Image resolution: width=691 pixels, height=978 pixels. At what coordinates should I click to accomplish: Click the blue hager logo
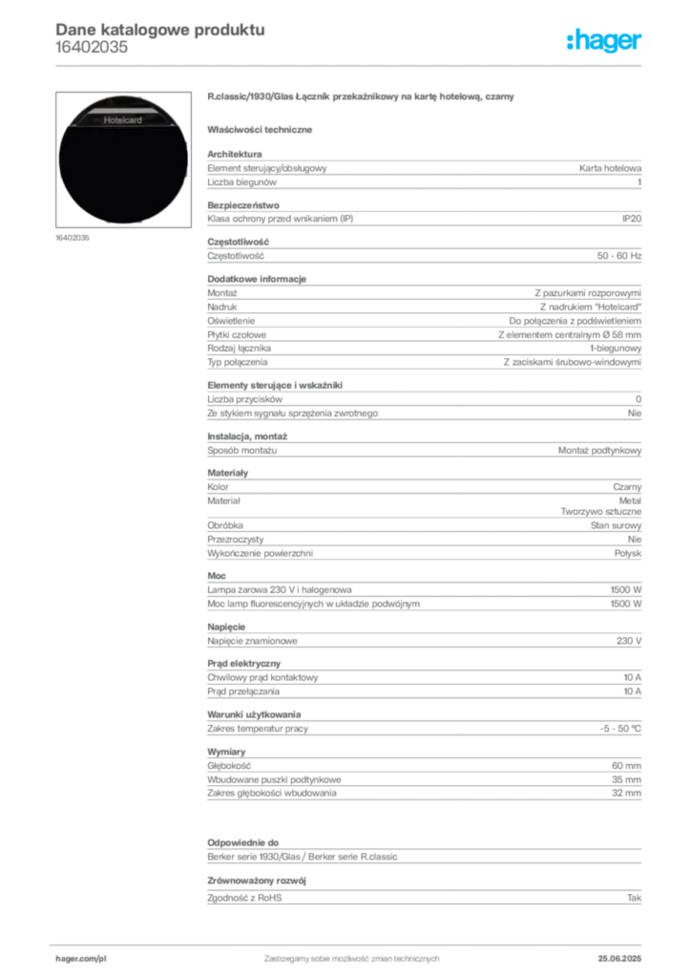pos(606,42)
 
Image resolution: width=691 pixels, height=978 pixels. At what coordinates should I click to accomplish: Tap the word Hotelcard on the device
pos(122,120)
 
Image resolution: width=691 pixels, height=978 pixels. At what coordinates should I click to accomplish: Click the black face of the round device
pos(122,172)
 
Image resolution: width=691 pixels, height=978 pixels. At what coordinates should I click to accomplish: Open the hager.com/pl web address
pos(79,956)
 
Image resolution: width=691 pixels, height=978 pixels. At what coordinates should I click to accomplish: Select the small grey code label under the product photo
pos(73,238)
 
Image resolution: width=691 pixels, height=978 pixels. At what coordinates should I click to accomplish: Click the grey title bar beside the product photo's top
pos(363,98)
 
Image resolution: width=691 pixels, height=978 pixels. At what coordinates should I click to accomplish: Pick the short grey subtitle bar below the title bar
pos(262,128)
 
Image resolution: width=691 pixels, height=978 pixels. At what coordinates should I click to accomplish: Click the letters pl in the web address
pos(99,956)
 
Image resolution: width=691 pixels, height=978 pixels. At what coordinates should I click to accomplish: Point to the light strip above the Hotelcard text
pos(122,107)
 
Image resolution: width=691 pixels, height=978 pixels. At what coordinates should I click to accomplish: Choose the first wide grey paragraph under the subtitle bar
pos(424,169)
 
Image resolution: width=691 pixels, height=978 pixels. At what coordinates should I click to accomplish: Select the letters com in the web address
pos(85,956)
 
